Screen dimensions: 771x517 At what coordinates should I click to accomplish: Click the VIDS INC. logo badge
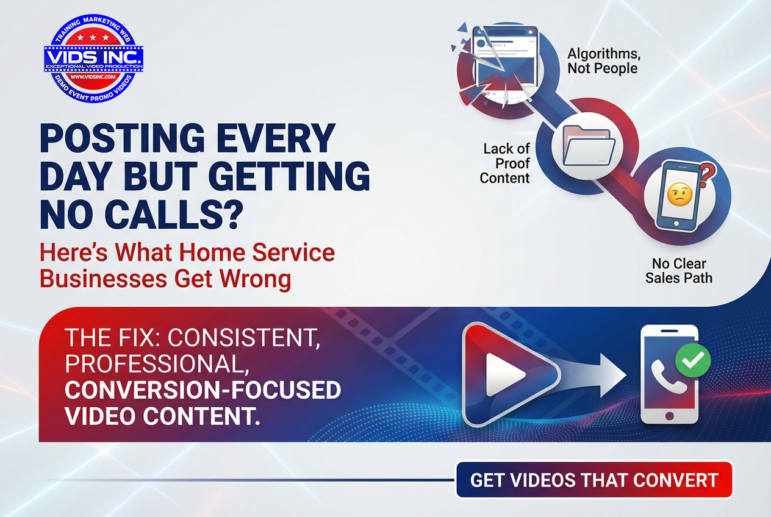[x=93, y=59]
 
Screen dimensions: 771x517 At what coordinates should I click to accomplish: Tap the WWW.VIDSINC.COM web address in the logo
[x=93, y=77]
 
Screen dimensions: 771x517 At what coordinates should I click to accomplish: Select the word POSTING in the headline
[x=123, y=138]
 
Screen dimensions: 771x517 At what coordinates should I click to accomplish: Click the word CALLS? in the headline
[x=172, y=214]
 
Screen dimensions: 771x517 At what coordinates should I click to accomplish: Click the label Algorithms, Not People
[x=604, y=61]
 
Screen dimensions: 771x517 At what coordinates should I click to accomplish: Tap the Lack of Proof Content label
[x=505, y=163]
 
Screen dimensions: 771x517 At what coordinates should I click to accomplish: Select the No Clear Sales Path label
[x=679, y=271]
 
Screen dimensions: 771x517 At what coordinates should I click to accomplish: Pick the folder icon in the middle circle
[x=589, y=146]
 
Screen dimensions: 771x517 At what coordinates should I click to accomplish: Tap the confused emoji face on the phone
[x=680, y=194]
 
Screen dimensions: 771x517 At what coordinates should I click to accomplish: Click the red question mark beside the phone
[x=709, y=174]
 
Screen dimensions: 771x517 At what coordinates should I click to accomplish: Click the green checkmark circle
[x=693, y=360]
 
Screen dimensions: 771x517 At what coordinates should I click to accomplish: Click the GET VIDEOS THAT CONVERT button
[x=595, y=480]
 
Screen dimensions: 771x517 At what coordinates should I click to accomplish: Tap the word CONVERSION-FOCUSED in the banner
[x=203, y=390]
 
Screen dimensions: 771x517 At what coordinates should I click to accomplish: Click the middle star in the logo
[x=93, y=37]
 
